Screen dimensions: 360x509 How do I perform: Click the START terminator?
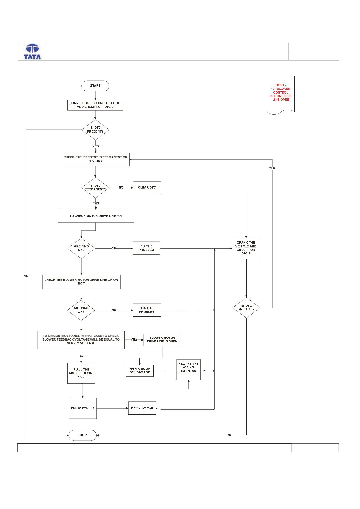point(95,86)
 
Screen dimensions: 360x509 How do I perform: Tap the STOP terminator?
point(82,435)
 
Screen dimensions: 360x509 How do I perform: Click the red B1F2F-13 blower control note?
point(281,94)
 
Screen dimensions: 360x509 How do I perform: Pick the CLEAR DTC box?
point(147,188)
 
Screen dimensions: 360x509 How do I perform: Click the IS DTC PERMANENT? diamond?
point(95,188)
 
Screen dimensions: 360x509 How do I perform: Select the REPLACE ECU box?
point(142,408)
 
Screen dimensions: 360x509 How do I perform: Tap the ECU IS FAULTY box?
point(83,408)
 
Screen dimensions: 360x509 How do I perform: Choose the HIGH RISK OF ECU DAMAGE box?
point(139,371)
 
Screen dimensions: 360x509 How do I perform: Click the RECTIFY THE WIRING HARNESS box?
point(188,370)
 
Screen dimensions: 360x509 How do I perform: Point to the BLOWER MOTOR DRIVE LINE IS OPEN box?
point(162,340)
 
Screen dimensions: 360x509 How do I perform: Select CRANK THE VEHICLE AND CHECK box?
point(246,248)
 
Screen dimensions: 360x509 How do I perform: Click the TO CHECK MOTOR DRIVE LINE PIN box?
point(96,216)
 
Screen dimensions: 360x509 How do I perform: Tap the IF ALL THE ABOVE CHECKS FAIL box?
point(81,373)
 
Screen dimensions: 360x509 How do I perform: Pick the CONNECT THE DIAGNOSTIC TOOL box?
point(95,105)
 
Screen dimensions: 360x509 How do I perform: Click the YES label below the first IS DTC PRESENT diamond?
point(95,146)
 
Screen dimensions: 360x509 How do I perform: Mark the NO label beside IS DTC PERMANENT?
point(121,188)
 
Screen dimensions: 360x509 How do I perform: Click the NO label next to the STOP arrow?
point(230,435)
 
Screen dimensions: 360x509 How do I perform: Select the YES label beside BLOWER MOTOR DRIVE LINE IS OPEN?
point(134,340)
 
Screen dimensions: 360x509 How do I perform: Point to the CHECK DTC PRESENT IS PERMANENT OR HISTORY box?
point(95,159)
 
